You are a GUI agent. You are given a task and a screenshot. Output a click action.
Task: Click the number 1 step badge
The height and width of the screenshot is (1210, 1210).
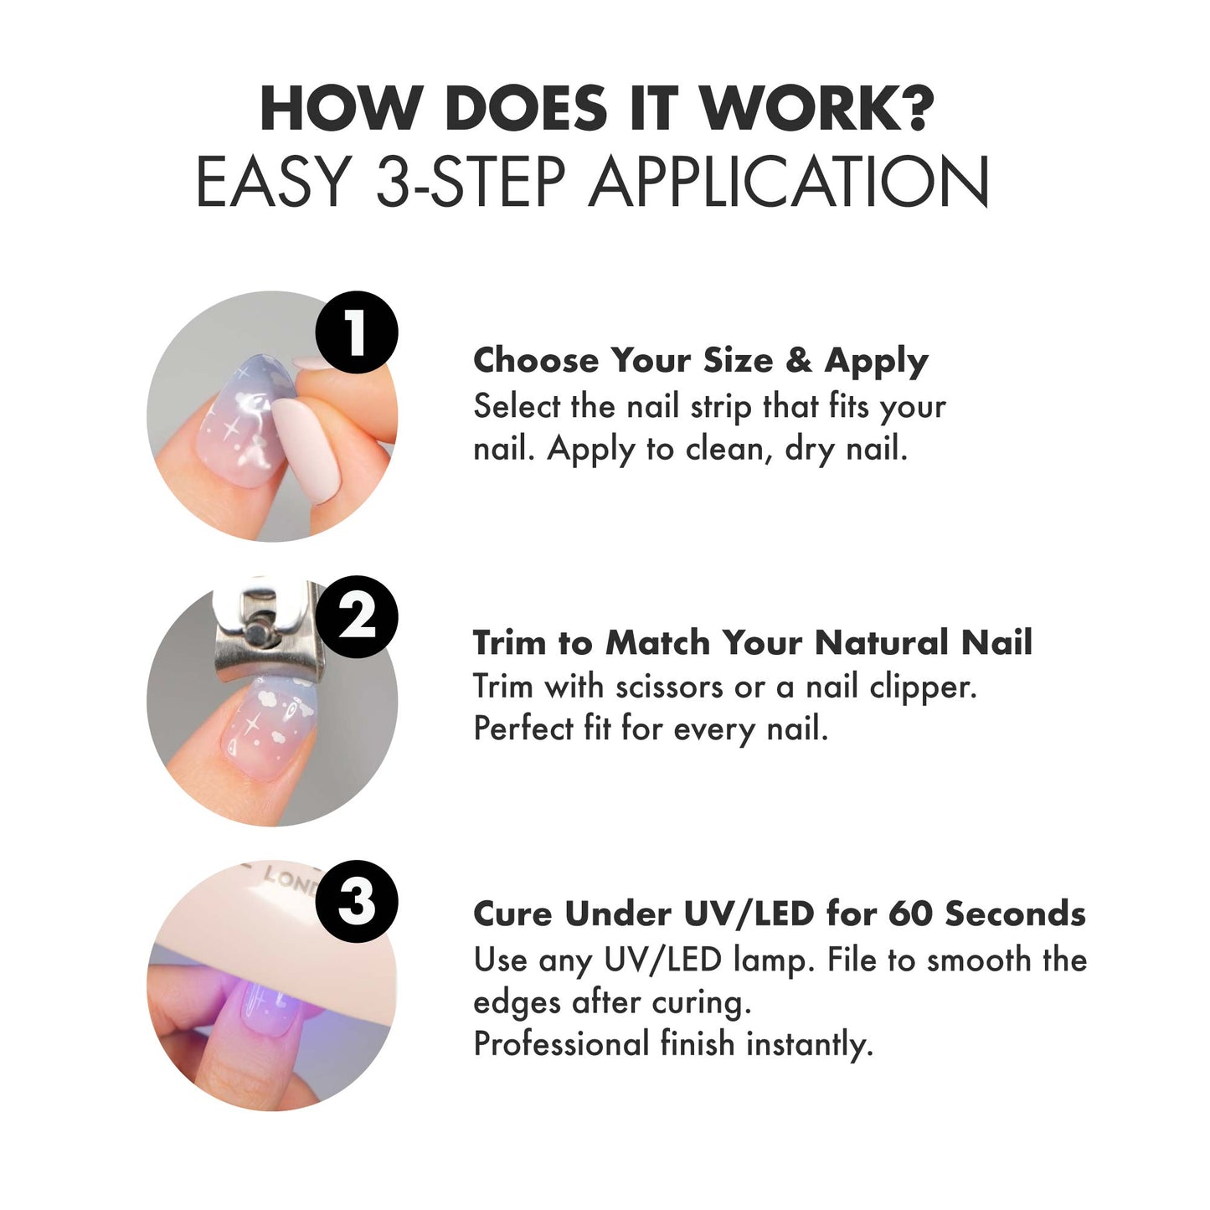[x=356, y=332]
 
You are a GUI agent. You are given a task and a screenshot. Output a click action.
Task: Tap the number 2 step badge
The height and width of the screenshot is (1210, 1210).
[x=356, y=616]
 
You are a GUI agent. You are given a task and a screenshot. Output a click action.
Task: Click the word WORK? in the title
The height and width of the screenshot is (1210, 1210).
[x=817, y=109]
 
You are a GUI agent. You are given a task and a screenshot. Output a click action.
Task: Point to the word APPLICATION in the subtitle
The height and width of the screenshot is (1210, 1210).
[x=789, y=182]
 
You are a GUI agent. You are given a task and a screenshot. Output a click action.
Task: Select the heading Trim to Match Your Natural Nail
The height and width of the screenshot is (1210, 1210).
[x=752, y=642]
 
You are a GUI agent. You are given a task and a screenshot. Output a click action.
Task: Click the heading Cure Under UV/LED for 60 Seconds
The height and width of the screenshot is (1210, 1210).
[x=780, y=915]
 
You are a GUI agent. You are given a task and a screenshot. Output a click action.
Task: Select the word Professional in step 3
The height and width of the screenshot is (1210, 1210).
[x=561, y=1045]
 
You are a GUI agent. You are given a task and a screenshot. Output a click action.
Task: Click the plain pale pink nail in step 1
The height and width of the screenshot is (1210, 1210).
[x=306, y=449]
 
